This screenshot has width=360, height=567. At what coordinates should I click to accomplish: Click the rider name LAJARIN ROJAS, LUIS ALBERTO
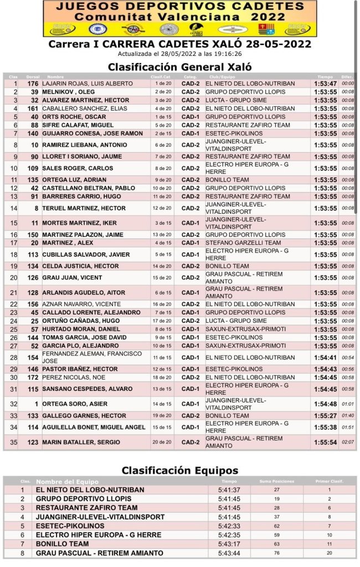point(88,84)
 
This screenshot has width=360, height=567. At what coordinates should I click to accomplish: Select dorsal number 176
point(33,84)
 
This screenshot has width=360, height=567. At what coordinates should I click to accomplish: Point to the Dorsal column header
point(33,76)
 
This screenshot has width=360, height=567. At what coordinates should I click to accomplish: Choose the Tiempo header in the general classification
point(325,76)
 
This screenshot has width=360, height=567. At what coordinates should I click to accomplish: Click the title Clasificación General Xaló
point(179,66)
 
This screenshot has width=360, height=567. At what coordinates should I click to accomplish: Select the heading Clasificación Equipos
point(180,471)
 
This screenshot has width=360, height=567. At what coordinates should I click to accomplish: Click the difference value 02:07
point(348,442)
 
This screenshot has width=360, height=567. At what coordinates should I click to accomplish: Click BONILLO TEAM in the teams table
point(62,544)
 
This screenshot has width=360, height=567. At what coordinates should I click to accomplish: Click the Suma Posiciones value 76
point(276,553)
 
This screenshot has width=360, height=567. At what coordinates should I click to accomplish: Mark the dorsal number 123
point(33,442)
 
